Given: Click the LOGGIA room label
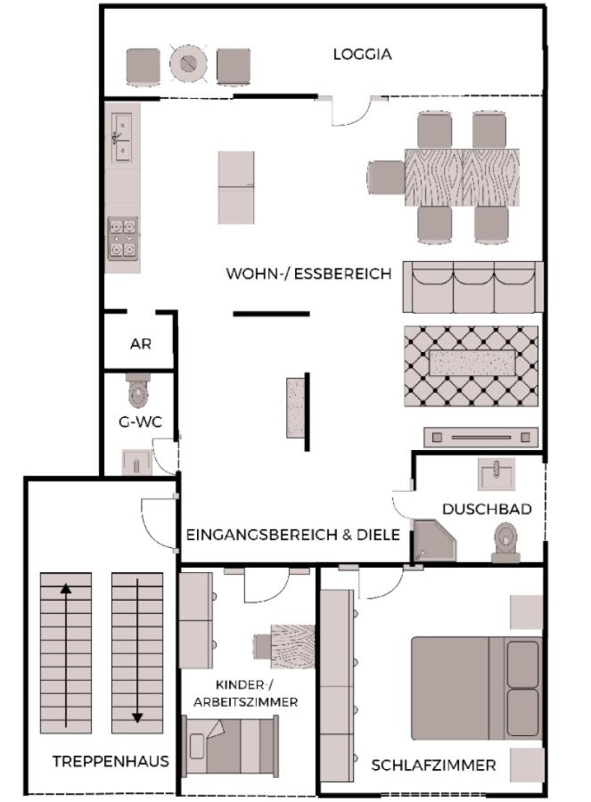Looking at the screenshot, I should [362, 54].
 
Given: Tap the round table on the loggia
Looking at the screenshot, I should [188, 63].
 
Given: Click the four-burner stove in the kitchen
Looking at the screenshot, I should [122, 238].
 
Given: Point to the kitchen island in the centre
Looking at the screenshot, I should [235, 187].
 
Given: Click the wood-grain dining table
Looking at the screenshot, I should [462, 176].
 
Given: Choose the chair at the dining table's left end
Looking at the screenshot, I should [385, 176].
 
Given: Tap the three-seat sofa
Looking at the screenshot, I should [472, 287].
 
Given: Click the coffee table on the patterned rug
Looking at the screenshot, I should [472, 364].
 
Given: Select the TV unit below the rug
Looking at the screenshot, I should [480, 437].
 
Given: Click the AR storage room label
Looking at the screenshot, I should [140, 344].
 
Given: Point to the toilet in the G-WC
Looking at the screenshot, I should [137, 389].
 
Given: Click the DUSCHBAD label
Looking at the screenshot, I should [487, 509].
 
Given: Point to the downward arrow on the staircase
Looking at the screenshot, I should [137, 651].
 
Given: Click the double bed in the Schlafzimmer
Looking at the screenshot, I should [475, 675].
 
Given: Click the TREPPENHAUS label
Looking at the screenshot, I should [111, 762].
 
